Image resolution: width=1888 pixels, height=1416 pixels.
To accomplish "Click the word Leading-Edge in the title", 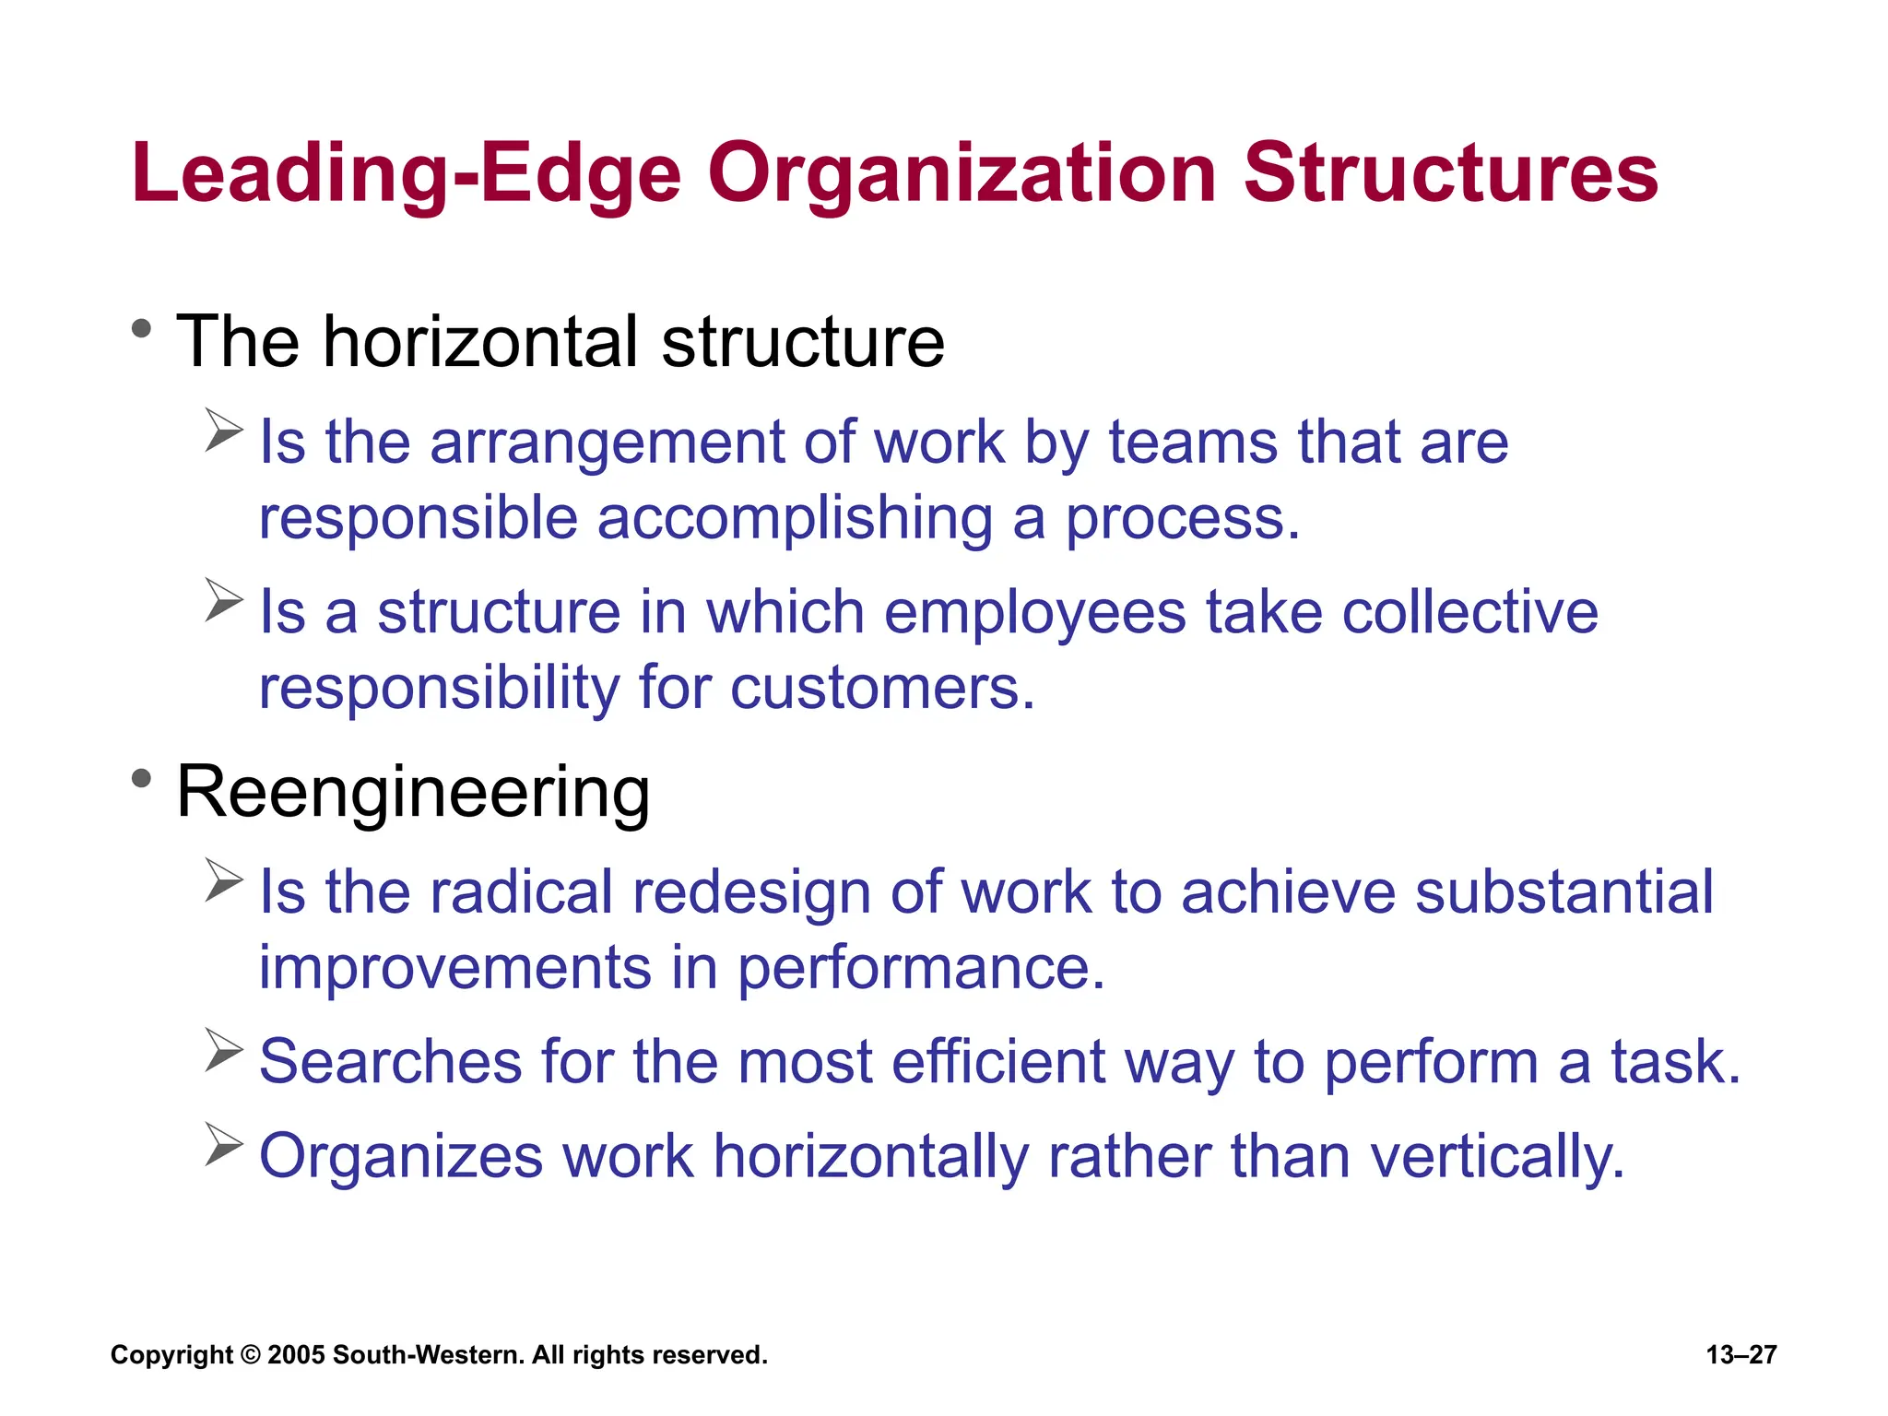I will click(406, 175).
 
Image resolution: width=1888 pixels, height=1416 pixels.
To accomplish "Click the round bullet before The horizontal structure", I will click(141, 328).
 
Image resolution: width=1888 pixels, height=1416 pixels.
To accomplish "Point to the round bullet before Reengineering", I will click(141, 779).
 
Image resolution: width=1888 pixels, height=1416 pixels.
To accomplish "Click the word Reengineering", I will click(413, 793).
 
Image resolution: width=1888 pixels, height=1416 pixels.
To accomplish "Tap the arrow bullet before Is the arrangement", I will click(223, 430).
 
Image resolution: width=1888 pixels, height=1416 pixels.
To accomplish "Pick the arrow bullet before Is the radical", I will click(223, 879).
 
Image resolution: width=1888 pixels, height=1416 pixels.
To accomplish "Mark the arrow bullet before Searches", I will click(223, 1050).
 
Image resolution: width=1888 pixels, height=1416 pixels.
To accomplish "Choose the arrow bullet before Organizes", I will click(223, 1144).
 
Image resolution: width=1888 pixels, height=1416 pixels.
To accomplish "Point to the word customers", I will click(882, 689).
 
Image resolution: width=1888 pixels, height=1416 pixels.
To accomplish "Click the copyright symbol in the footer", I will click(250, 1355).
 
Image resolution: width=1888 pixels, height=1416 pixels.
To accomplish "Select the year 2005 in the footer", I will click(296, 1355).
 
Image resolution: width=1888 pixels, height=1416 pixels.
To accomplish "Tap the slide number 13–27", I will click(1740, 1355).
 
